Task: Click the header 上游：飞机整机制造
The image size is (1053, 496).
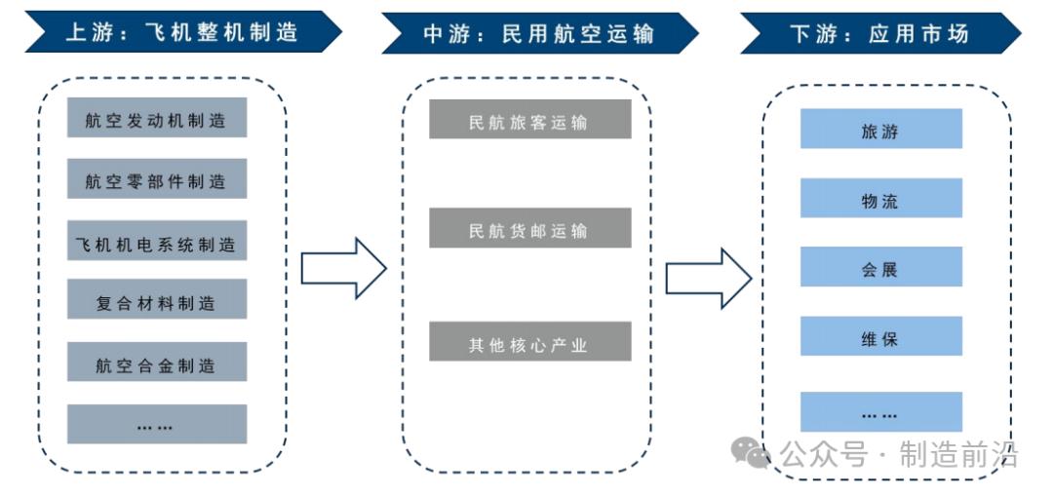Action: (x=181, y=33)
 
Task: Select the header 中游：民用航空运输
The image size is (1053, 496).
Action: (x=539, y=33)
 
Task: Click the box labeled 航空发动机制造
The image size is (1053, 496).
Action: (x=156, y=119)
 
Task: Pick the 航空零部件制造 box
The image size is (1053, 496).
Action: (x=156, y=180)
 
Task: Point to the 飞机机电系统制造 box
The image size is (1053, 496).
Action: (x=156, y=243)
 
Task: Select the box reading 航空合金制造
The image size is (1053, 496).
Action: (x=156, y=363)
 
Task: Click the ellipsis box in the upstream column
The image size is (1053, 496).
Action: (x=156, y=425)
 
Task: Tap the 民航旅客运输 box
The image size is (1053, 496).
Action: (x=529, y=121)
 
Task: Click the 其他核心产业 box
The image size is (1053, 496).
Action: (x=529, y=343)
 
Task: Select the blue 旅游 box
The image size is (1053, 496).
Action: (x=880, y=130)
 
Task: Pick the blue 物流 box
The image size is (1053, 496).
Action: (x=880, y=199)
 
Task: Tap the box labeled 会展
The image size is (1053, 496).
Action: (x=880, y=268)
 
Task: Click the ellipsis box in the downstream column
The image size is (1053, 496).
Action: (x=880, y=412)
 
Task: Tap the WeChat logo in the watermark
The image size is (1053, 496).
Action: (x=753, y=452)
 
